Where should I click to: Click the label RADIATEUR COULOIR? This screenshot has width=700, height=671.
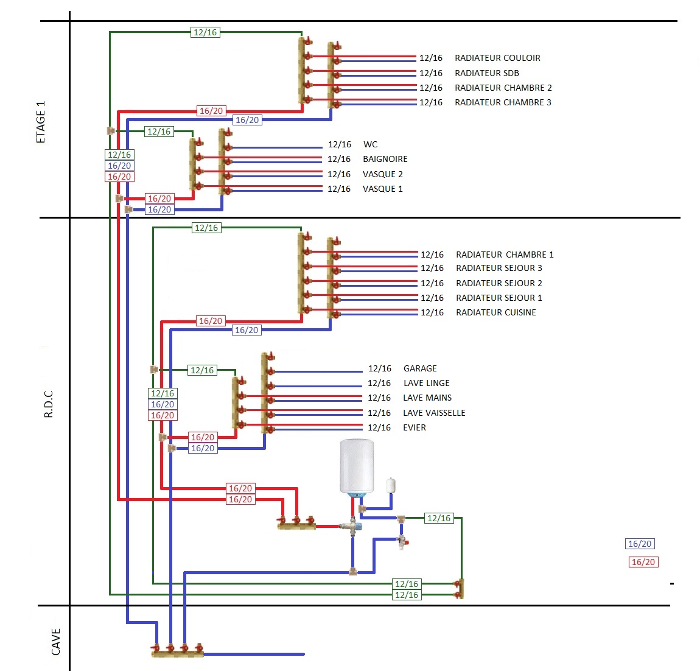tap(497, 58)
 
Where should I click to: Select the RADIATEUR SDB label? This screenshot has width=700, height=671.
tap(487, 73)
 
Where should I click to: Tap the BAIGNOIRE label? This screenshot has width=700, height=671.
tap(385, 159)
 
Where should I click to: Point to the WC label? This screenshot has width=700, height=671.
tap(370, 144)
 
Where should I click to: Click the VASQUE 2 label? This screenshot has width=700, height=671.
tap(382, 174)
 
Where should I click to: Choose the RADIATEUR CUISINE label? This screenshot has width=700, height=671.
tap(495, 312)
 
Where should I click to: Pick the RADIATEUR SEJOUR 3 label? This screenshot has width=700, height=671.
tap(499, 268)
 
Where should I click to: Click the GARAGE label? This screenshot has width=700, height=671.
tap(420, 368)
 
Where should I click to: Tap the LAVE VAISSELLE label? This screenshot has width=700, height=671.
tap(434, 413)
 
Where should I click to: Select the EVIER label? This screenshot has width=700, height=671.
tap(415, 427)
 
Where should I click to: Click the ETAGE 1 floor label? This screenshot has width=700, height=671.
tap(41, 122)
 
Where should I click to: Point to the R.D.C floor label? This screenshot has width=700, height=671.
tap(49, 404)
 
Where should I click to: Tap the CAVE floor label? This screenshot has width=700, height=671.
tap(56, 642)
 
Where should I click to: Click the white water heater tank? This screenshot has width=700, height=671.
tap(357, 466)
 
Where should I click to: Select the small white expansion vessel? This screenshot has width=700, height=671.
tap(391, 485)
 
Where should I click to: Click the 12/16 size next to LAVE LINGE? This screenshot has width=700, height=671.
tap(379, 383)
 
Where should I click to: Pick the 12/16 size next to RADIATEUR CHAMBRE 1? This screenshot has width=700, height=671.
tap(432, 255)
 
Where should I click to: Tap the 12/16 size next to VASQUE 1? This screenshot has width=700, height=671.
tap(339, 189)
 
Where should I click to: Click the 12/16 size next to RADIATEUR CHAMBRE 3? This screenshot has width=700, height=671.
tap(431, 102)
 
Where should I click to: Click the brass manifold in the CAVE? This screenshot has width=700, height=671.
tap(177, 653)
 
